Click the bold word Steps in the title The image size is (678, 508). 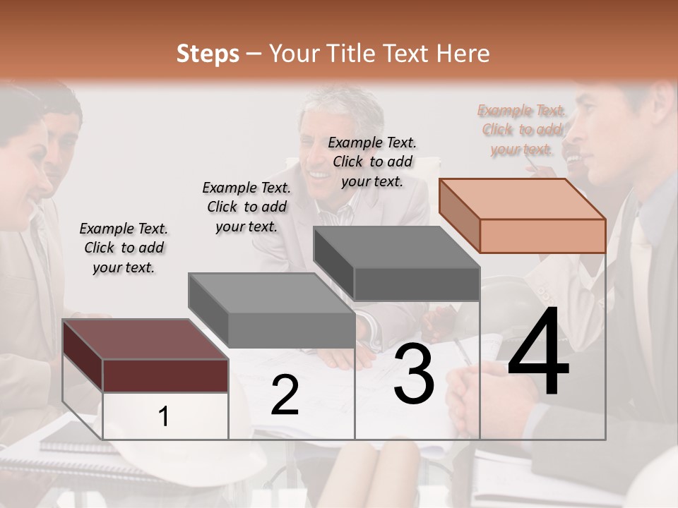[x=208, y=54]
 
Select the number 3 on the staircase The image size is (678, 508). [x=413, y=375]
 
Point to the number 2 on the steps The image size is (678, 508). [x=285, y=395]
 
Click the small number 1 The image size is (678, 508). [x=164, y=416]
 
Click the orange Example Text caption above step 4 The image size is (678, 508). [x=521, y=129]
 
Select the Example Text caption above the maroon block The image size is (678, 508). [x=124, y=248]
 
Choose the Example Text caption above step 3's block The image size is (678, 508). [x=372, y=162]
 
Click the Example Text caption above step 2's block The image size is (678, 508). [x=246, y=207]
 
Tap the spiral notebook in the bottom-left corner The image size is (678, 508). [x=64, y=441]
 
